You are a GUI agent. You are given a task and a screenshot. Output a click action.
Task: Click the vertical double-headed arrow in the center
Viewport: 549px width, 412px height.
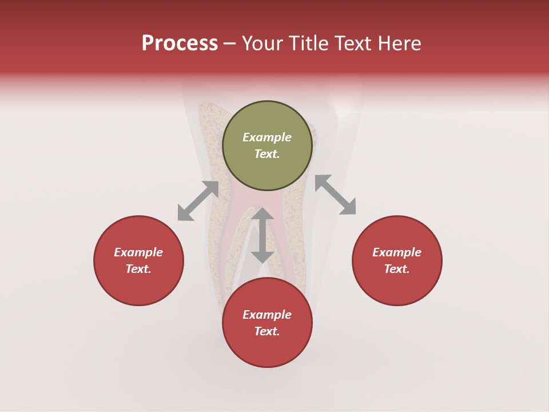point(262,235)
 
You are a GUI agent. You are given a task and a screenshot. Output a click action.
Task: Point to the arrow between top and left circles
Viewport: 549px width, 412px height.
point(198,201)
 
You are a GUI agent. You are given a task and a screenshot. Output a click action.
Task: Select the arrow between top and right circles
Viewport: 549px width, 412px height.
point(335,195)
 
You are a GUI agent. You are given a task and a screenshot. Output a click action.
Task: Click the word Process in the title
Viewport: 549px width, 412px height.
point(180,43)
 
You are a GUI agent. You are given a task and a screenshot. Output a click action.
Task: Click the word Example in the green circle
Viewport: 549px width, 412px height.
point(267,137)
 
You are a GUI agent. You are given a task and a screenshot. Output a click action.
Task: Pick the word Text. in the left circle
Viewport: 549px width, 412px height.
point(138,269)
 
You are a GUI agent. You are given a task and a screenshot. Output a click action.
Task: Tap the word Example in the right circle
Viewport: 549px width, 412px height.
point(397,252)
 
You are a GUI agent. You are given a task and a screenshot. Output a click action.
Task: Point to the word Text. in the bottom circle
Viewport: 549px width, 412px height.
point(267,331)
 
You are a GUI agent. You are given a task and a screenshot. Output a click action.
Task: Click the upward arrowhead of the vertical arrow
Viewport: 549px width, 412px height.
point(262,214)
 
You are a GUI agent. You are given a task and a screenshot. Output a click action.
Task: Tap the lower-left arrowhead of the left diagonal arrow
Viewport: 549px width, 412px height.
point(184,214)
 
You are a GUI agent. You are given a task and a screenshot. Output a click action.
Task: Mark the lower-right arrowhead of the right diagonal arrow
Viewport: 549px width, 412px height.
point(348,208)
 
